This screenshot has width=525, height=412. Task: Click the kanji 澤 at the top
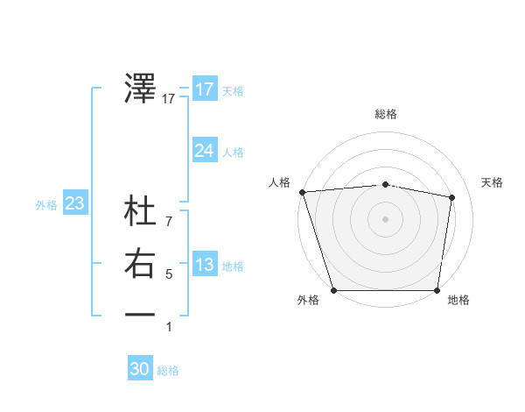141,89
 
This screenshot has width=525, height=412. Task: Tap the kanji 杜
141,213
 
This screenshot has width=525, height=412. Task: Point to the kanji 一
141,314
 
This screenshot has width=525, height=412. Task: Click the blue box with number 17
204,89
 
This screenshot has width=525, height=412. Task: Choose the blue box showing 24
204,151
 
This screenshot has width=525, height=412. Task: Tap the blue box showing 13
204,265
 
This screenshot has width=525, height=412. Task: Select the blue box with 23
75,204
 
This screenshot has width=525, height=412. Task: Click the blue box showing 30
140,369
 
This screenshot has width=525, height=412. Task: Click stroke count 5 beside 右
169,274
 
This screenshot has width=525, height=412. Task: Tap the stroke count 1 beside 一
169,327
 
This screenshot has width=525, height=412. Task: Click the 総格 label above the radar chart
386,115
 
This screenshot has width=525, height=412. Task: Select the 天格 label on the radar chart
493,182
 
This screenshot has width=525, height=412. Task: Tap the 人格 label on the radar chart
279,182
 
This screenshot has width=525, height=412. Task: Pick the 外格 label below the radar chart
308,300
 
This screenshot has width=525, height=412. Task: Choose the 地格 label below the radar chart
458,300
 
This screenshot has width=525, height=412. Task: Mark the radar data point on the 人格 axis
302,192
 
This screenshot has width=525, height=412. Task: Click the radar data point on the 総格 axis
386,184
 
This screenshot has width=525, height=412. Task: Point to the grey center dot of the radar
386,218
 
